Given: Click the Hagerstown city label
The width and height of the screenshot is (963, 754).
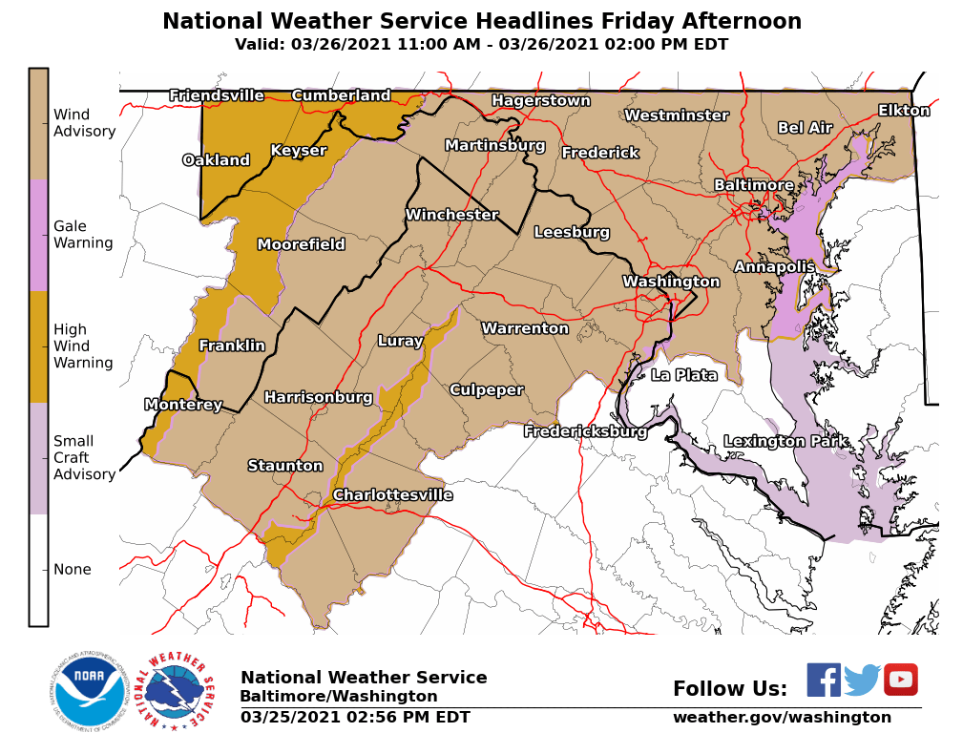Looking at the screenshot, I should tap(540, 100).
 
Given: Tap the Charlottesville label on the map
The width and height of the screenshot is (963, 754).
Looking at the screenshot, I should tap(392, 494).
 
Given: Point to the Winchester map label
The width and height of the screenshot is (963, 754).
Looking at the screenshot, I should tap(451, 215).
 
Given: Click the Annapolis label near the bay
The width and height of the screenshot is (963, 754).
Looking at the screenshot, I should tap(774, 266).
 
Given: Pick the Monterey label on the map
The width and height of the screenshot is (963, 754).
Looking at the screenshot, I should tap(183, 405).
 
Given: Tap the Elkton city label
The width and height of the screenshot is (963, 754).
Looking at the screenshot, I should tap(904, 111).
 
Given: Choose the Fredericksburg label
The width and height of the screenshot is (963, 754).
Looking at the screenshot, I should tap(585, 431).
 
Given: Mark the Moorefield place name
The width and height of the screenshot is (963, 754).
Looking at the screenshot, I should tap(301, 244).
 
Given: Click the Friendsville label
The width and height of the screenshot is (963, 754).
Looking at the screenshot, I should tap(217, 95).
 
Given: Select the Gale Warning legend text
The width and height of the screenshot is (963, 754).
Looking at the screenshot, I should tap(83, 235).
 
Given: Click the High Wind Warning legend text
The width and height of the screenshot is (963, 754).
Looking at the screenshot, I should tap(83, 346).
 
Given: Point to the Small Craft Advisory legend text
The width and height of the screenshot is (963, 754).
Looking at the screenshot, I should tap(84, 457).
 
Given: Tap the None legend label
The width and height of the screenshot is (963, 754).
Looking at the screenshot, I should tap(73, 570).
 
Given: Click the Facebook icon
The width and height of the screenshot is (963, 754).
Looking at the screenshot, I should tap(824, 680).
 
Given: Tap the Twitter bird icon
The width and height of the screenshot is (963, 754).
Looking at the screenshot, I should tap(862, 680).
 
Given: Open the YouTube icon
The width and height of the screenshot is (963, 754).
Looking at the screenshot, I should tap(900, 680).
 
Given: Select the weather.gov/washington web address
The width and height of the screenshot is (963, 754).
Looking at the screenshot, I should tap(782, 717).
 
